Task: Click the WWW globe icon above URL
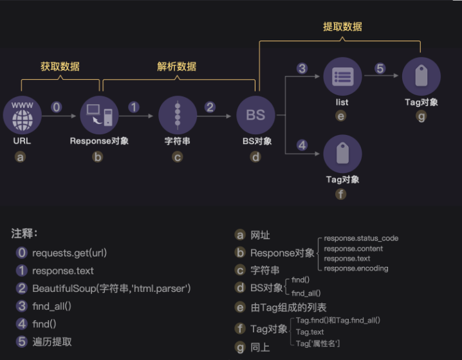22,115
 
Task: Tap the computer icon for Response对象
99,115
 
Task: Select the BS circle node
255,115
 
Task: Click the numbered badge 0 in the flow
57,107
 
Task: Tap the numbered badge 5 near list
380,68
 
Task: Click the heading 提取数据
342,26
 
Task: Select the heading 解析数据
177,66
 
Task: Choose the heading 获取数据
60,66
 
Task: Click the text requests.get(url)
69,253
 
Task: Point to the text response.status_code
361,239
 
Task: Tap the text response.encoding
356,269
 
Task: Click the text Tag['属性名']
318,343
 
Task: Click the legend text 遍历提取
52,342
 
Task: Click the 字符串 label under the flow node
177,141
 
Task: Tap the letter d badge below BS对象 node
255,156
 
